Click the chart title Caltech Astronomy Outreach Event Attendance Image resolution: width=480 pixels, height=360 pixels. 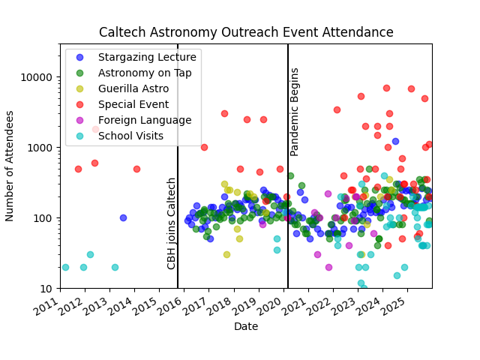(246, 32)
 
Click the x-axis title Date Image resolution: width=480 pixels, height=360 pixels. (246, 327)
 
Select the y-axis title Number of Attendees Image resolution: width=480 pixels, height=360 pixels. (10, 166)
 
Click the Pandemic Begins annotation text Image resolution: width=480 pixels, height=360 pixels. (295, 112)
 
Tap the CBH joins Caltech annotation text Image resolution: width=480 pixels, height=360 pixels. (172, 223)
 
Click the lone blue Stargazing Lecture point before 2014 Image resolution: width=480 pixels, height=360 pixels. (123, 217)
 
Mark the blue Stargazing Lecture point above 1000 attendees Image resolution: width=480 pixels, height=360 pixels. (395, 141)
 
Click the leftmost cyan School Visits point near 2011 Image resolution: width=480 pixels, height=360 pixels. (65, 267)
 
